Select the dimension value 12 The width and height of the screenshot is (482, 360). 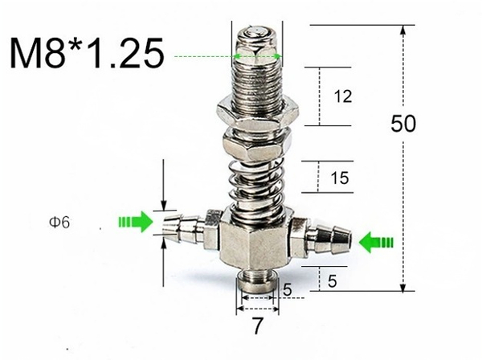pos(342,97)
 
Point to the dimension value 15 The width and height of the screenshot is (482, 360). pos(339,178)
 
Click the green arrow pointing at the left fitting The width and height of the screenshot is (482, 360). pos(135,221)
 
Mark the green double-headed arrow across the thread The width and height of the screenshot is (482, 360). pos(257,56)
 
